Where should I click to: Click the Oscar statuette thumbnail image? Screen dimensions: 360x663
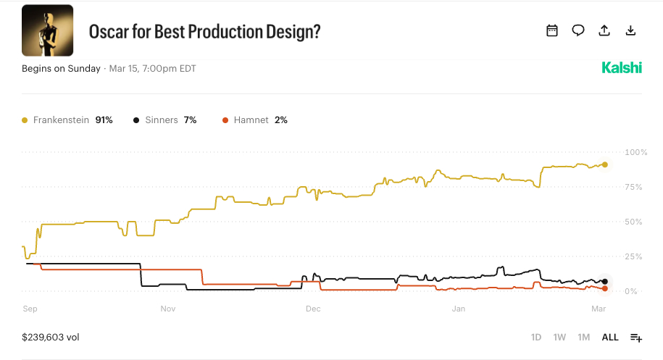click(47, 30)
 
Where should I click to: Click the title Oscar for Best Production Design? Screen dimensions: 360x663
click(204, 32)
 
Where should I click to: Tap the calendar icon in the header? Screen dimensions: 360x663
click(552, 30)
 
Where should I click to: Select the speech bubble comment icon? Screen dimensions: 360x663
click(578, 30)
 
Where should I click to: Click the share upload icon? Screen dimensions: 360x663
click(604, 30)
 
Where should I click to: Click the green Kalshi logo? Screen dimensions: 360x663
click(622, 68)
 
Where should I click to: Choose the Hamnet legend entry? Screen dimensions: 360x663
click(255, 120)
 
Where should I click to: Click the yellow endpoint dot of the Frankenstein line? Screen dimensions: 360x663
click(605, 164)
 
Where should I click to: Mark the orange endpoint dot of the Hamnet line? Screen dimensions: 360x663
click(605, 288)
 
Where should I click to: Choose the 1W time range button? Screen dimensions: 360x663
click(559, 338)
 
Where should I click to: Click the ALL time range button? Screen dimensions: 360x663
click(610, 338)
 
